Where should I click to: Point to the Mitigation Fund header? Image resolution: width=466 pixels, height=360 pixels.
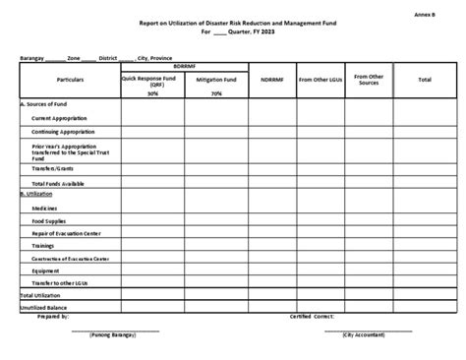tap(215, 78)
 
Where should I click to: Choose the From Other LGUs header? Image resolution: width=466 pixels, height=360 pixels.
tap(320, 78)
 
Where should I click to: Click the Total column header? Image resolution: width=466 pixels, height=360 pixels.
tap(424, 78)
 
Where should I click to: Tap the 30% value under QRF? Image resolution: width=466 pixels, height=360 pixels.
tap(152, 93)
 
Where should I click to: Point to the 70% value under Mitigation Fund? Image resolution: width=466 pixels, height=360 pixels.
tap(216, 93)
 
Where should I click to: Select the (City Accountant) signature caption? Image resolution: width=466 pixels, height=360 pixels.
tap(366, 334)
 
